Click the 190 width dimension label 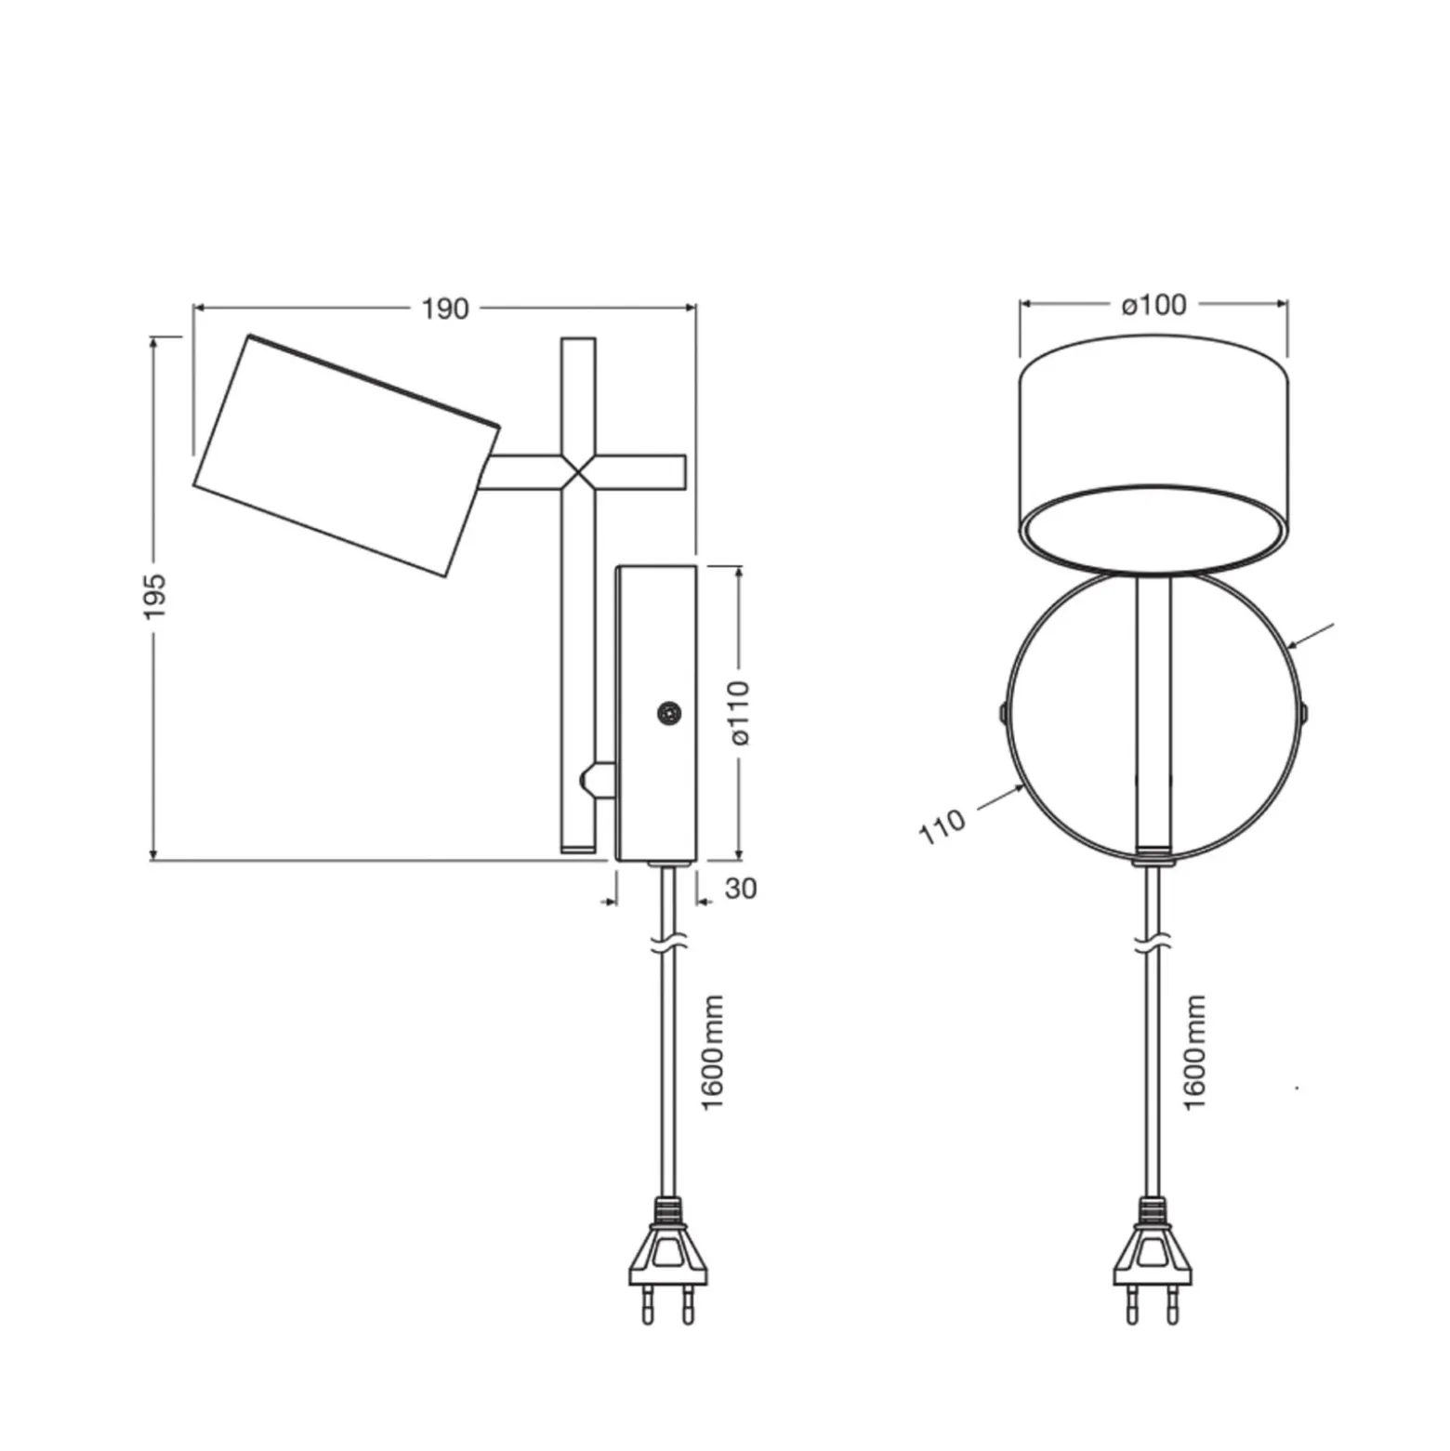(445, 309)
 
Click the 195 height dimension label (154, 597)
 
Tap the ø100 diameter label (1153, 304)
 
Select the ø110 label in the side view (740, 712)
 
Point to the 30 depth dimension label (741, 889)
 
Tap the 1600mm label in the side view (712, 1052)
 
